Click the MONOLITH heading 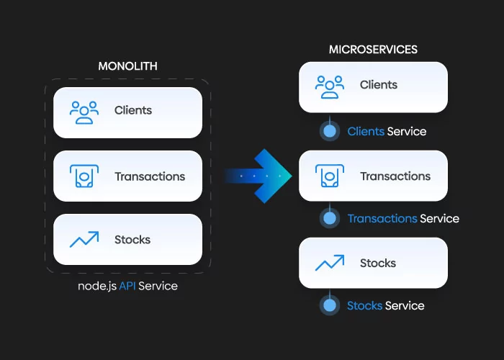(127, 66)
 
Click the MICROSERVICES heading (373, 50)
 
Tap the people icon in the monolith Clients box (84, 112)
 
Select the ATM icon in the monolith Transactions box (84, 176)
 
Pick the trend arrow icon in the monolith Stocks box (84, 239)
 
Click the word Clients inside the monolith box (133, 111)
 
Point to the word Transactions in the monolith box (150, 176)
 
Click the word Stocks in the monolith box (132, 240)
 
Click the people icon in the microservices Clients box (329, 86)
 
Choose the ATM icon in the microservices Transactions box (329, 176)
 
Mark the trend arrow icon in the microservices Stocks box (329, 264)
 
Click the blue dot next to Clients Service (330, 132)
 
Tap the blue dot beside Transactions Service (330, 218)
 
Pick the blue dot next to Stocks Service (330, 306)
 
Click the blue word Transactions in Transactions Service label (382, 218)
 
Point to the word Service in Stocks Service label (405, 306)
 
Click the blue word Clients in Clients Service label (365, 132)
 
